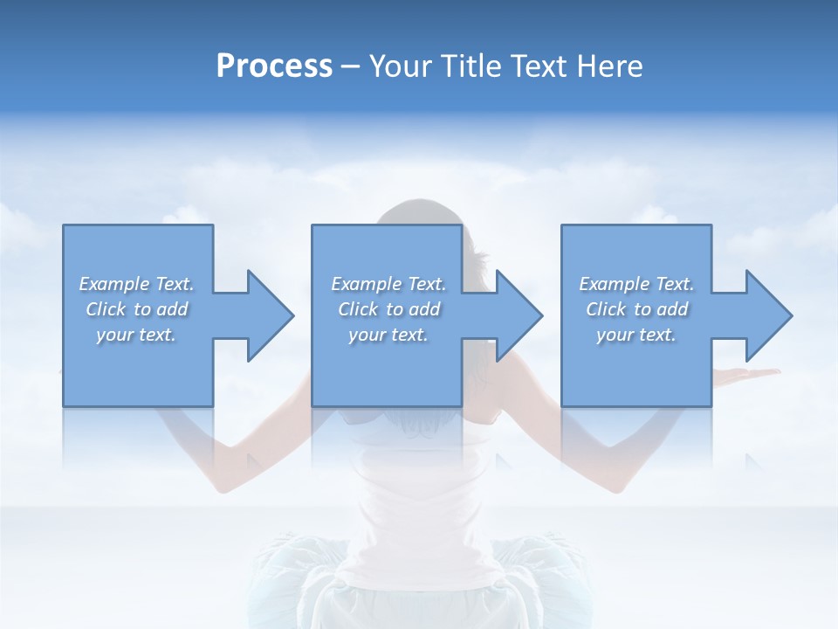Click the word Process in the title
point(274,66)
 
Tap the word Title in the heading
point(472,66)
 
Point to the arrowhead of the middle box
point(518,315)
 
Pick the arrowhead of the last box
point(767,315)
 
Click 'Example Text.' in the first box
point(136,284)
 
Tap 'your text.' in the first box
point(136,335)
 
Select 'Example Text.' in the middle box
point(388,284)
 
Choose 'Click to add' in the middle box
point(388,309)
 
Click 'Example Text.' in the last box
point(636,284)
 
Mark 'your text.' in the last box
point(636,335)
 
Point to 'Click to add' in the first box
point(136,309)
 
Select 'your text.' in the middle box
point(388,335)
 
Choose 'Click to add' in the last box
point(636,309)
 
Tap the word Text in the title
point(541,66)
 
